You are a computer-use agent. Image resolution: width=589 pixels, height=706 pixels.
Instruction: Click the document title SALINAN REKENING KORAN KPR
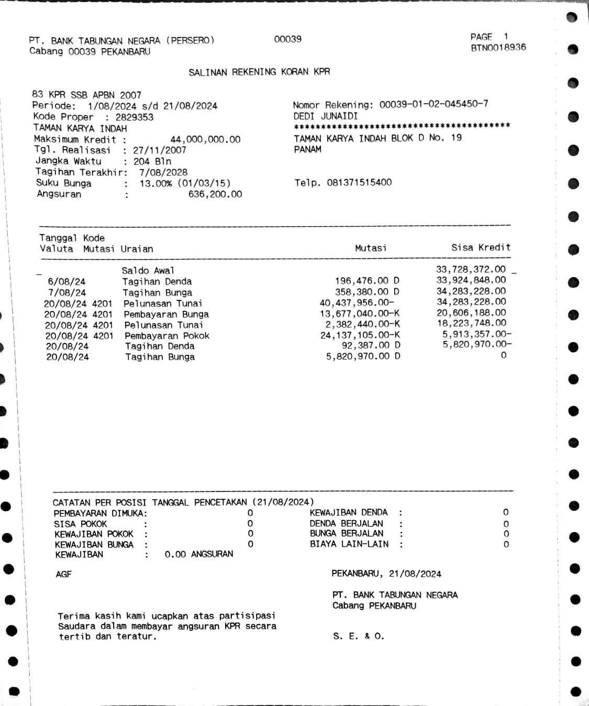click(x=259, y=72)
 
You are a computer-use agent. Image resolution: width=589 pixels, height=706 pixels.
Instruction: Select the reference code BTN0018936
click(x=498, y=48)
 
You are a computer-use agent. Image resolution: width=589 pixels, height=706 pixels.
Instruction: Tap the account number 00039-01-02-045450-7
click(x=434, y=104)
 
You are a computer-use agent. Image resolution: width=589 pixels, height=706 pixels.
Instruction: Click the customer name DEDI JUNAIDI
click(x=325, y=116)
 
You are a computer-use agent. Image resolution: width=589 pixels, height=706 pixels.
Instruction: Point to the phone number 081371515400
click(x=359, y=183)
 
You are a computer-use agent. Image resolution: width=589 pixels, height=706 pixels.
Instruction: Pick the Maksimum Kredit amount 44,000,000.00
click(x=205, y=139)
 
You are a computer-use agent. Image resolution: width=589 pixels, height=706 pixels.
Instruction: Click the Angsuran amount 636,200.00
click(x=215, y=194)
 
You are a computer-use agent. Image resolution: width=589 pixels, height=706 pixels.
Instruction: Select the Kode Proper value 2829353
click(x=134, y=117)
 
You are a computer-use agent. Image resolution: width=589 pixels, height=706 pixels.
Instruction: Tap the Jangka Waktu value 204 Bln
click(x=152, y=161)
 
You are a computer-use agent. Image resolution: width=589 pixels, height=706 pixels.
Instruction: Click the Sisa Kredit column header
click(x=481, y=248)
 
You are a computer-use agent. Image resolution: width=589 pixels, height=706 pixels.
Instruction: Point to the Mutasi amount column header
click(x=371, y=248)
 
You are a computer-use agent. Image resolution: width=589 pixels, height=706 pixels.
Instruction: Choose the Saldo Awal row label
click(x=148, y=271)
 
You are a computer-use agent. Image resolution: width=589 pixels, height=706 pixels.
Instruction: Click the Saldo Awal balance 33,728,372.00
click(x=471, y=270)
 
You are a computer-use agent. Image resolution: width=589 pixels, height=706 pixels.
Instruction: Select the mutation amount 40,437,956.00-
click(x=357, y=303)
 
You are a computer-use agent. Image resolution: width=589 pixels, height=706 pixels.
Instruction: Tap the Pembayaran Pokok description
click(x=166, y=335)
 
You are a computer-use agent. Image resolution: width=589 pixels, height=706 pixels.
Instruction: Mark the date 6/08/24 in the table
click(x=66, y=282)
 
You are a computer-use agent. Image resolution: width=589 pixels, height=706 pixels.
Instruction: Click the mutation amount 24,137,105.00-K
click(x=360, y=335)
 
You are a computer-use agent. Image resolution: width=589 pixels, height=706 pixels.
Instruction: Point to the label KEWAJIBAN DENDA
click(x=348, y=512)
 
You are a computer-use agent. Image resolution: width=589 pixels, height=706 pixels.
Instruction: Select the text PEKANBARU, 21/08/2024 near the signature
click(x=386, y=574)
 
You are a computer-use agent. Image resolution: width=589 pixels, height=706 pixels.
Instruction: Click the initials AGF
click(x=63, y=574)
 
